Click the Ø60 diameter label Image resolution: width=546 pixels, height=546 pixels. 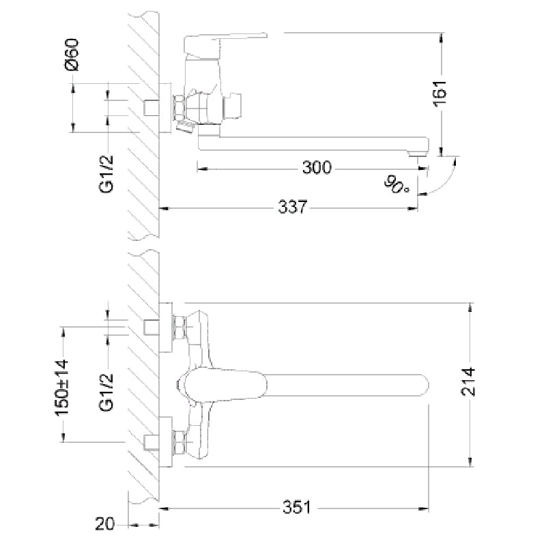point(72,55)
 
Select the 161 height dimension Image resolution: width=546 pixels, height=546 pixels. point(440,94)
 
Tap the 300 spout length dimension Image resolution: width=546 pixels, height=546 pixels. point(317,167)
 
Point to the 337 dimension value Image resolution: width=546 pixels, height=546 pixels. point(293,207)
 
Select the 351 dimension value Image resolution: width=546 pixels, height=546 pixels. point(296,507)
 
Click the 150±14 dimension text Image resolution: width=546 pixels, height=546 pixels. point(61,388)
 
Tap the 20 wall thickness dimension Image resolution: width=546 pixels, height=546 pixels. point(104,523)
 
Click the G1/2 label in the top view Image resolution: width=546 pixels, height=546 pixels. point(106,174)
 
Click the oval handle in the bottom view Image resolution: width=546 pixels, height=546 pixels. point(226,386)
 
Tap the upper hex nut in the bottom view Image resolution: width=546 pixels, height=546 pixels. point(179,328)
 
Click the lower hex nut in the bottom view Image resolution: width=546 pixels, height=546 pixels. point(179,442)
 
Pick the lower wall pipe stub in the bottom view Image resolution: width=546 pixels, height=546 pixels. point(152,442)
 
